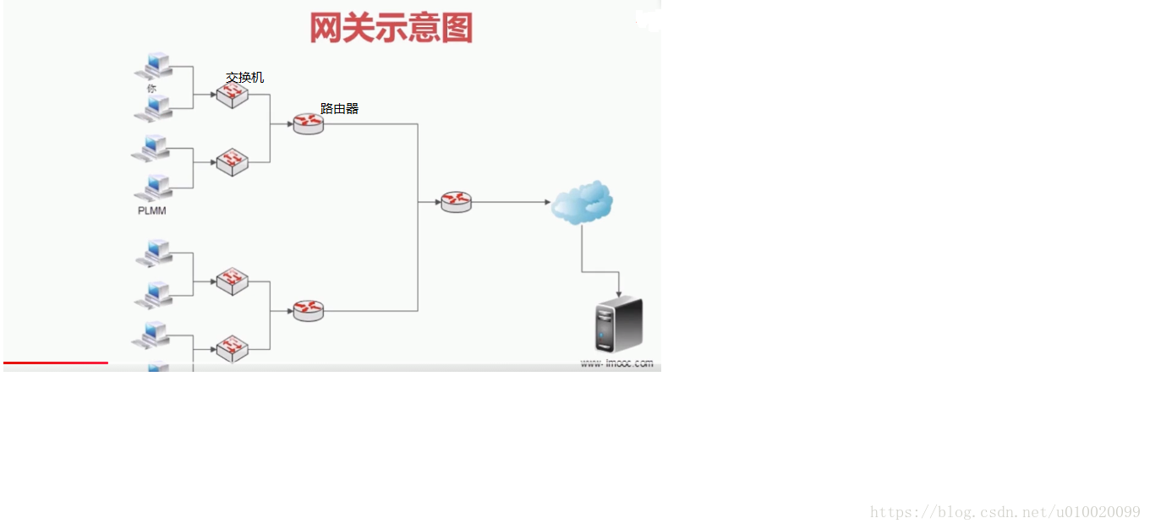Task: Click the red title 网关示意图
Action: pyautogui.click(x=391, y=28)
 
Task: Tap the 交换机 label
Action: pyautogui.click(x=245, y=78)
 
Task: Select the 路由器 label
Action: pyautogui.click(x=339, y=109)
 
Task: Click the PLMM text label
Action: pyautogui.click(x=152, y=211)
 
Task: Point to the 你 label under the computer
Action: pyautogui.click(x=151, y=88)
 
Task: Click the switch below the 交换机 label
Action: pyautogui.click(x=232, y=94)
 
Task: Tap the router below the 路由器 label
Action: pyautogui.click(x=309, y=124)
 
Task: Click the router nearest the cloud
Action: pyautogui.click(x=456, y=202)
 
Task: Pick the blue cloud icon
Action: pyautogui.click(x=582, y=202)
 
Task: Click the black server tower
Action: pyautogui.click(x=619, y=324)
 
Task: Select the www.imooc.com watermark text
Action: pyautogui.click(x=616, y=363)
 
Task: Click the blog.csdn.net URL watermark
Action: pyautogui.click(x=1005, y=512)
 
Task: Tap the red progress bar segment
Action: pyautogui.click(x=56, y=363)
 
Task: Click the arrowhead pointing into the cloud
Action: pyautogui.click(x=547, y=202)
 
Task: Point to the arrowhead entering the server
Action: pyautogui.click(x=619, y=293)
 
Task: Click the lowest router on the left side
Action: pyautogui.click(x=309, y=311)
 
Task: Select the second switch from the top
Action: pyautogui.click(x=232, y=161)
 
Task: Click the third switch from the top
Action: pyautogui.click(x=232, y=281)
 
